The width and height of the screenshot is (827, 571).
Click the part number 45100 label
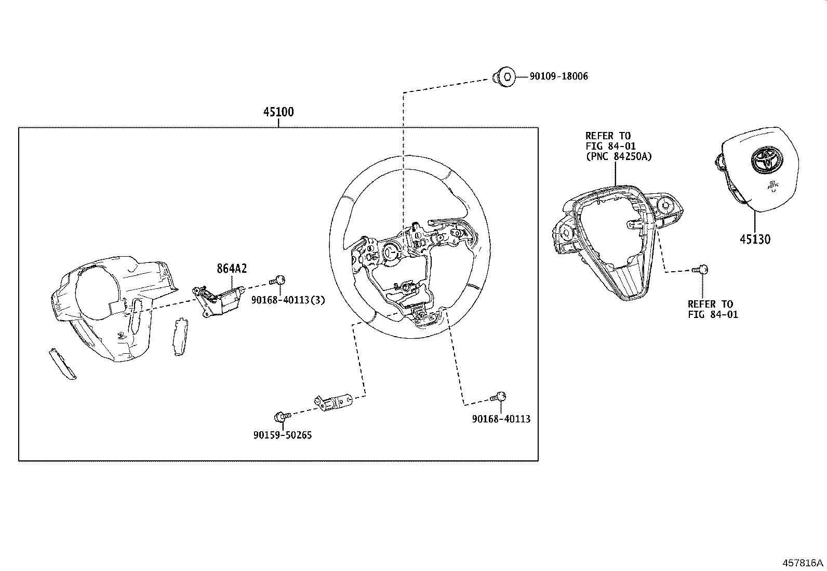[278, 112]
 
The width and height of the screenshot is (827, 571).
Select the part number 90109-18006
[558, 76]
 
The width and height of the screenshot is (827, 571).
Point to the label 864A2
[232, 269]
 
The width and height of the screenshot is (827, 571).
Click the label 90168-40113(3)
[288, 300]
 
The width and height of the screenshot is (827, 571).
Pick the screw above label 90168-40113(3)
[278, 281]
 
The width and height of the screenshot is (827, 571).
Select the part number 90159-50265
[283, 435]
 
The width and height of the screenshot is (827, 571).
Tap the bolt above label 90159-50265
[279, 416]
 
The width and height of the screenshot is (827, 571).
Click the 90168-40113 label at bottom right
[501, 419]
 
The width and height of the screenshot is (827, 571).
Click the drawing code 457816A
[803, 563]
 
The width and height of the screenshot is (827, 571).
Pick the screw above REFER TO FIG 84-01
[702, 270]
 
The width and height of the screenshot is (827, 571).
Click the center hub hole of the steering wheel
[390, 251]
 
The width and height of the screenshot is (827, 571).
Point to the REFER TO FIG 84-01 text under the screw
[712, 309]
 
